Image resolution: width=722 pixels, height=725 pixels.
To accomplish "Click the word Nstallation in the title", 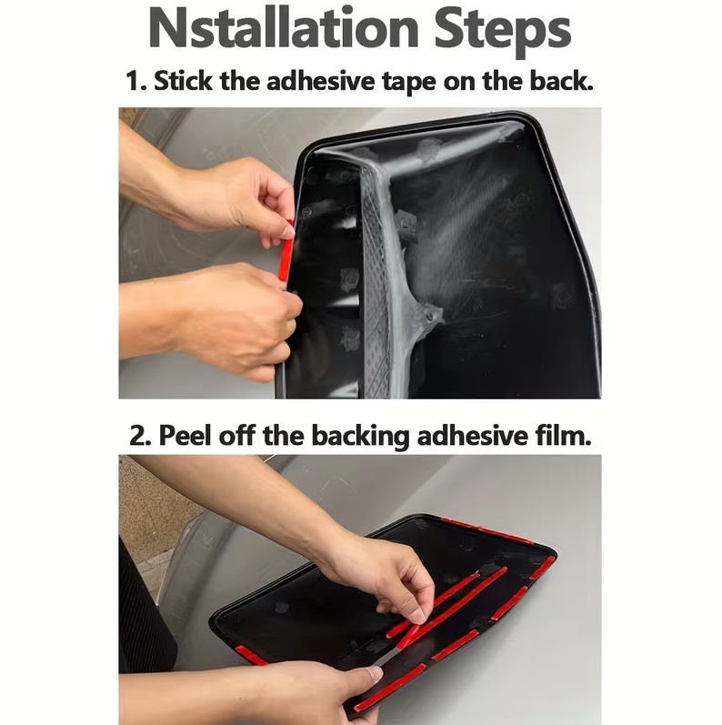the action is (284, 28).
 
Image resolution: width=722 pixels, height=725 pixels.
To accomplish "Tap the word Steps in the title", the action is (503, 32).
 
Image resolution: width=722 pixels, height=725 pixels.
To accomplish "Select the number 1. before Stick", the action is (135, 81).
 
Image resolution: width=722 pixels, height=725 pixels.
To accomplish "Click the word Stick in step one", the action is (184, 81).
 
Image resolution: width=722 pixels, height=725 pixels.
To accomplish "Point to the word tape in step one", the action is (409, 83).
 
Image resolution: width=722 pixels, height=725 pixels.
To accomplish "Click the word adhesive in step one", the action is (321, 81).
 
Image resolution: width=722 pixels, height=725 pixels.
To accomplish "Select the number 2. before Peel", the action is (141, 436).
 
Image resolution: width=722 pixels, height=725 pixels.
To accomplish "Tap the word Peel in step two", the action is (185, 435).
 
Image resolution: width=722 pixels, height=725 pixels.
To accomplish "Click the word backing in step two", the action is (360, 437).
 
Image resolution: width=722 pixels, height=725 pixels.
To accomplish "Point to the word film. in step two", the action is (564, 435).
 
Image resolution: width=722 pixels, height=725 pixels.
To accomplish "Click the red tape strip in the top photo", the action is (286, 254).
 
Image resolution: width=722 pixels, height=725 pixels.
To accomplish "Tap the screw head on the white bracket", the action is (430, 317).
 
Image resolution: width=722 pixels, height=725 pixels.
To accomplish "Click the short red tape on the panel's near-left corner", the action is (251, 655).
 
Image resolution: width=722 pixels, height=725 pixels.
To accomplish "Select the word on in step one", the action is (459, 83).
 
